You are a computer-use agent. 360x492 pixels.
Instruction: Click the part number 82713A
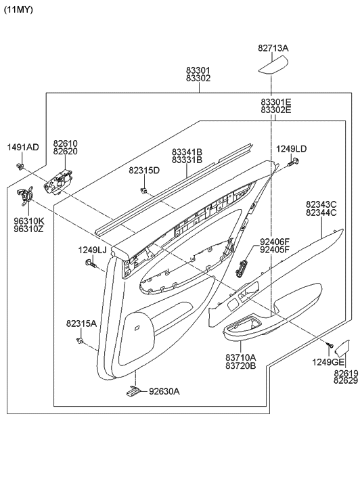[273, 48]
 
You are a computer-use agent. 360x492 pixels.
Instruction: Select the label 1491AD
[23, 148]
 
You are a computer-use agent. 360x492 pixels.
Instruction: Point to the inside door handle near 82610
[59, 181]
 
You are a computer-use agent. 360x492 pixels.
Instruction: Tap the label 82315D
[144, 170]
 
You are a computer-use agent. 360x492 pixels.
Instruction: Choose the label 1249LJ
[92, 250]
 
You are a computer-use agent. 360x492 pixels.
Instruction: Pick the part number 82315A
[81, 324]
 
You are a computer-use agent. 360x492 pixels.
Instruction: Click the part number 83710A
[241, 357]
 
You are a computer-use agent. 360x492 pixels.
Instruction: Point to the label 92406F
[274, 241]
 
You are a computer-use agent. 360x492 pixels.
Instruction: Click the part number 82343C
[321, 204]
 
